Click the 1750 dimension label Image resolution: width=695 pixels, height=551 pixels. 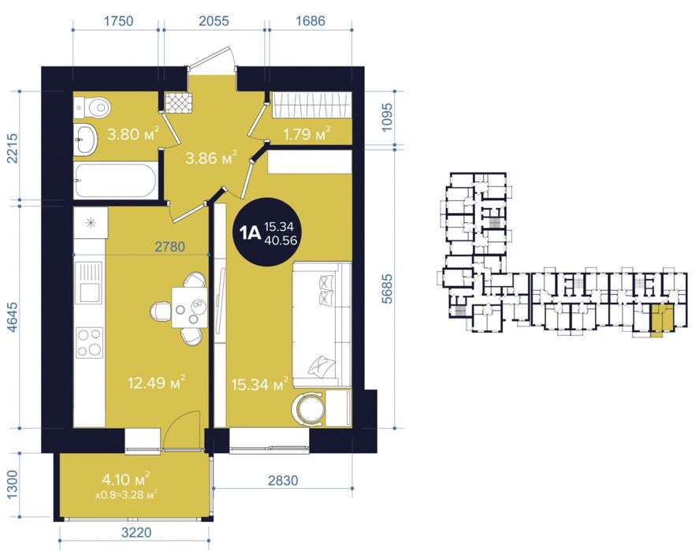pos(118,20)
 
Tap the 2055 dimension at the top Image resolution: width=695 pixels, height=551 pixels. pos(214,20)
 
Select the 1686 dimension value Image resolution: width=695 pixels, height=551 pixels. pos(310,20)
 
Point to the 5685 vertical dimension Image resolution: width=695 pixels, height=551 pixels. pos(387,289)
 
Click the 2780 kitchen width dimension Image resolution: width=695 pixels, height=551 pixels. pos(169,247)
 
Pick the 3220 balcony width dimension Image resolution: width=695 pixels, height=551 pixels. pos(136,532)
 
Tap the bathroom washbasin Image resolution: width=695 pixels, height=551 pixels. pos(85,138)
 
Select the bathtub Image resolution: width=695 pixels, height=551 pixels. pos(115,181)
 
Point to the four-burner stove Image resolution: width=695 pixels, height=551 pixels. pos(90,342)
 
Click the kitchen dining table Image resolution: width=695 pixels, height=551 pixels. pos(189,307)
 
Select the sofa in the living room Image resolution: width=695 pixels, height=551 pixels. pos(321,325)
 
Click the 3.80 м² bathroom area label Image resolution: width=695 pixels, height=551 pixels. pos(133,133)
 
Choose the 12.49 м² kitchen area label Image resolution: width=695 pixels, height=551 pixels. pos(156,382)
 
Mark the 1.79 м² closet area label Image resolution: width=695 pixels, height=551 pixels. pos(307,133)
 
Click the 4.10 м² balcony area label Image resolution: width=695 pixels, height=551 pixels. pos(126,478)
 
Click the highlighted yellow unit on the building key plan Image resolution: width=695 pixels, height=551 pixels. pos(661,320)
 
